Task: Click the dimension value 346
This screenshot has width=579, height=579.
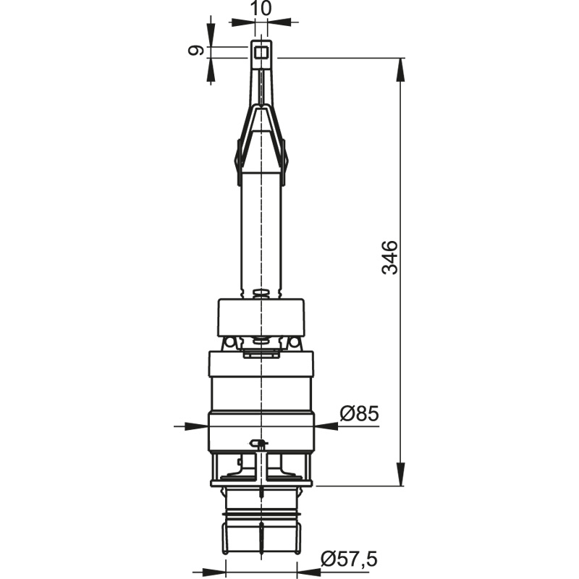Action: click(x=390, y=258)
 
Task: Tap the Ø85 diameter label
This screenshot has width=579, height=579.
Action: click(x=359, y=413)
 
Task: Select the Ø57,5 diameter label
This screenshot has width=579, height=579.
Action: click(x=349, y=559)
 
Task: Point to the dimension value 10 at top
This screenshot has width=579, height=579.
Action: click(x=261, y=8)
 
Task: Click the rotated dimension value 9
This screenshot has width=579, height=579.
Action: click(x=195, y=50)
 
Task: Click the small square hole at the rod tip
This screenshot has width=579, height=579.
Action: click(x=261, y=52)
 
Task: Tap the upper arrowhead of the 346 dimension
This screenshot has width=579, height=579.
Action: click(x=400, y=69)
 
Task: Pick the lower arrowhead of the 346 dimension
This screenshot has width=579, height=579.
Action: click(x=400, y=474)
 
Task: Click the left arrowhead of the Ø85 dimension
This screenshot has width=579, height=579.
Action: click(x=196, y=426)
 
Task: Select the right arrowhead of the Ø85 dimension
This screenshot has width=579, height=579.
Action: click(x=326, y=426)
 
